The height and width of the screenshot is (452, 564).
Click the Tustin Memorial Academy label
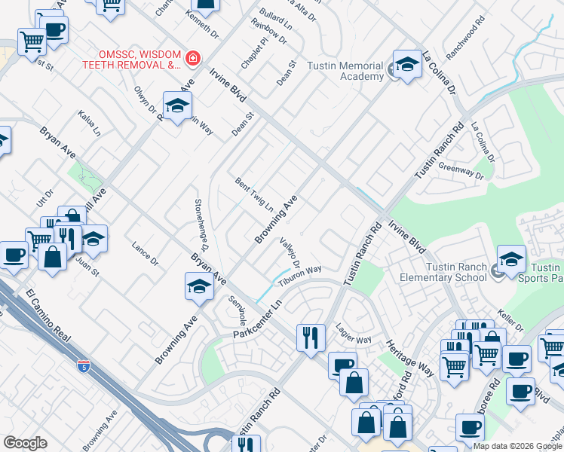(x=345, y=71)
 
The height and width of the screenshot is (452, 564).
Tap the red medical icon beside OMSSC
(x=194, y=57)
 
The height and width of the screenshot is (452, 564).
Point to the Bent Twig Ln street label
(x=253, y=194)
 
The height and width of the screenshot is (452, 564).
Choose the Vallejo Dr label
(x=290, y=253)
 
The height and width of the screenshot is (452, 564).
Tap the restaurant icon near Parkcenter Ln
(x=311, y=337)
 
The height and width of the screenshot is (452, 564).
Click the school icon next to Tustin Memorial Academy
(x=407, y=66)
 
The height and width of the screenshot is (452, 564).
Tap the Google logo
(x=26, y=443)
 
